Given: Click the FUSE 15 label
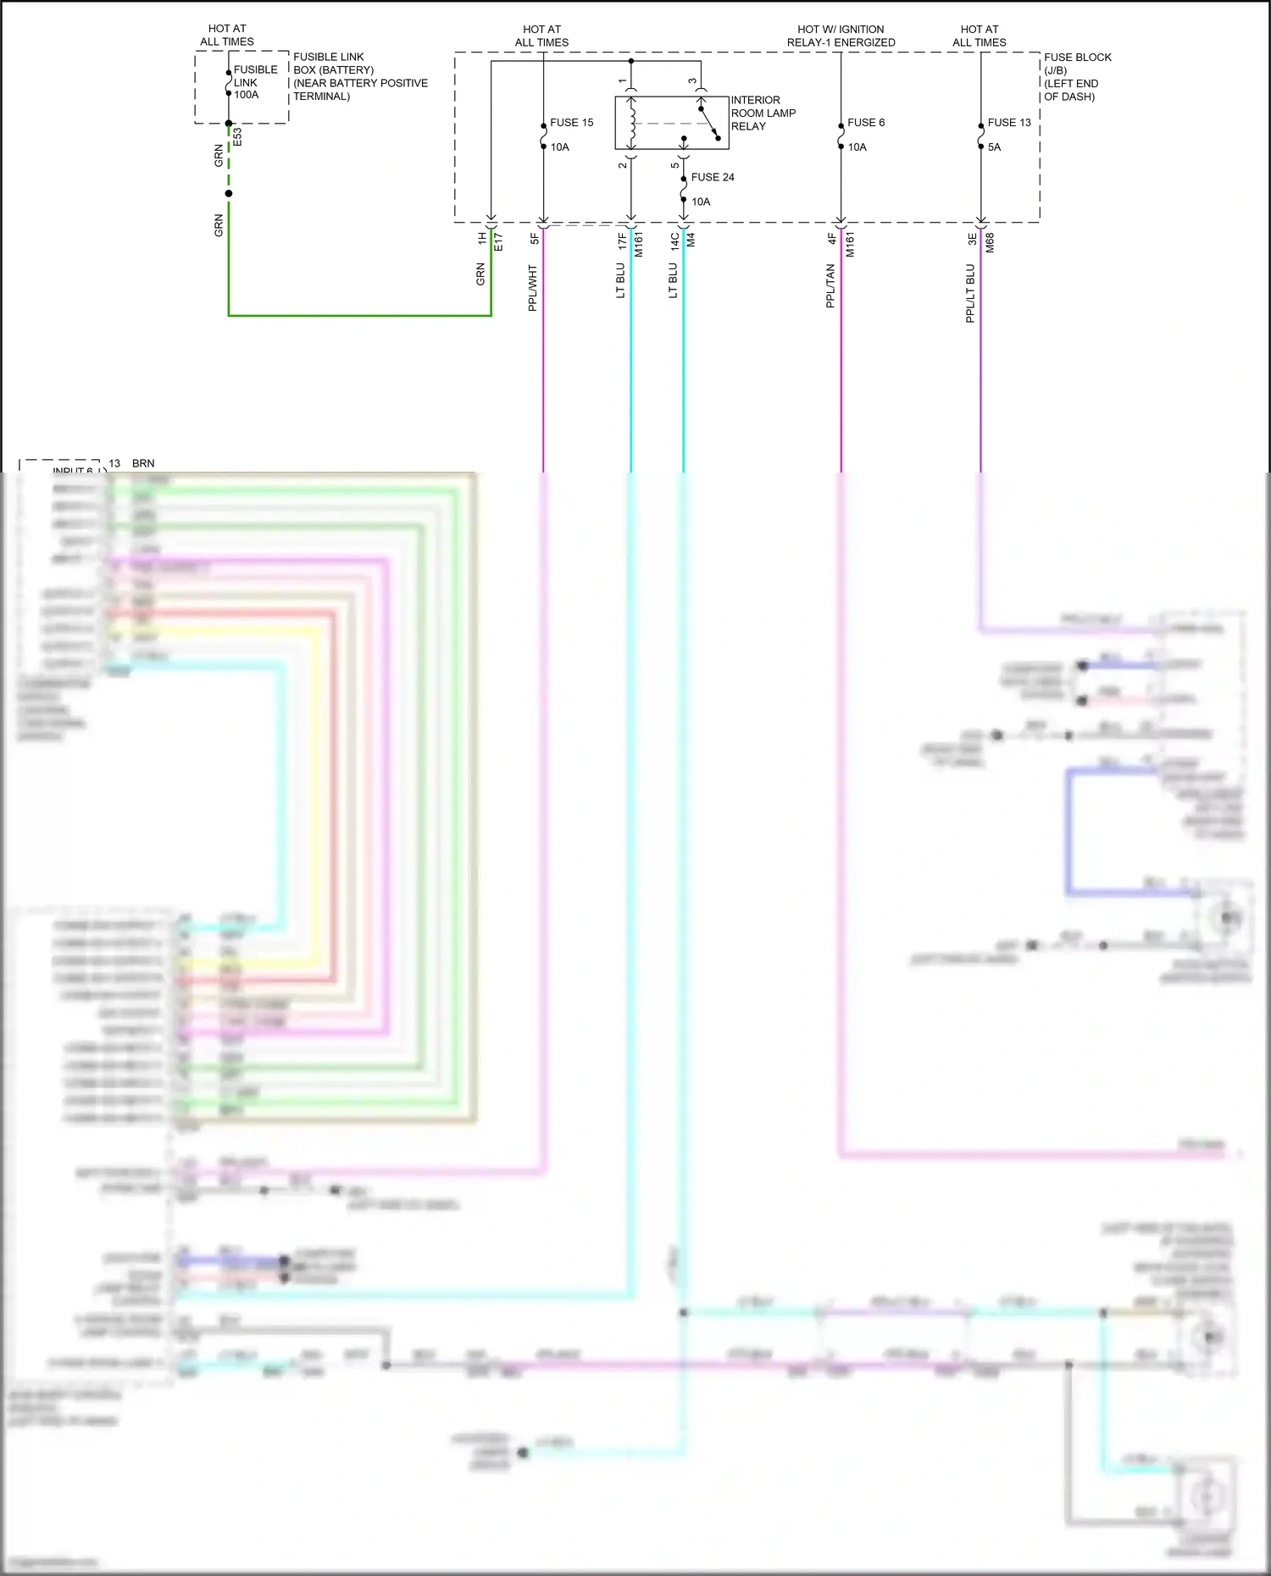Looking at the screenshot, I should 571,123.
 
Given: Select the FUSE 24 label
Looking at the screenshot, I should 712,177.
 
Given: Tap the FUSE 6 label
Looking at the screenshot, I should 865,123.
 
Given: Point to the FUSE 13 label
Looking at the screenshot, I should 1008,123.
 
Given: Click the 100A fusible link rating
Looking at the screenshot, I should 247,95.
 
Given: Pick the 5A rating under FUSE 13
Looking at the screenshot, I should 994,147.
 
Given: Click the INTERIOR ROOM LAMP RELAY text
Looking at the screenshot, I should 763,113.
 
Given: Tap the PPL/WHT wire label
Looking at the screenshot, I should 533,288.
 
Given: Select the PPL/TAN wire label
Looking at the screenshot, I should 830,285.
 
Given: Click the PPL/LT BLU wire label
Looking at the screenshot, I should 970,293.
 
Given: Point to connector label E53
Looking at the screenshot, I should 237,137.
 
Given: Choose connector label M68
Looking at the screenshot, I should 990,243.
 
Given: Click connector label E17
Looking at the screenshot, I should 498,242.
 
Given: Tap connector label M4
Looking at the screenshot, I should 691,241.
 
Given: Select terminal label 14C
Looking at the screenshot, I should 675,241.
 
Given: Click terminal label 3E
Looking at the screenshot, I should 973,240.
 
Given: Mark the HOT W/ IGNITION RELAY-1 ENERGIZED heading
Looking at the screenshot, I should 841,36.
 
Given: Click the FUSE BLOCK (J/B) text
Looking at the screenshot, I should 1077,64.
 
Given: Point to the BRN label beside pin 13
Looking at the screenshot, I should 143,463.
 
